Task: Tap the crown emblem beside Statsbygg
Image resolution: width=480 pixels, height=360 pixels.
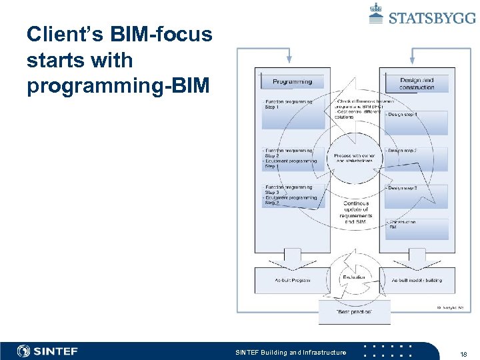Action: [x=376, y=13]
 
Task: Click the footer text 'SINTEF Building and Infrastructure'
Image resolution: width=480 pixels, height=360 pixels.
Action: [x=291, y=352]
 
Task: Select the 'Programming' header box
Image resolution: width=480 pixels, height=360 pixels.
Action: [x=292, y=82]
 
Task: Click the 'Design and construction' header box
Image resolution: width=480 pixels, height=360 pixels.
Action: [x=417, y=83]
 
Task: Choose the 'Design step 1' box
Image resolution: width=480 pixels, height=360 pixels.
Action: [x=416, y=122]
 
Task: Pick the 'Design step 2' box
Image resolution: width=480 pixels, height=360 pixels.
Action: [x=416, y=159]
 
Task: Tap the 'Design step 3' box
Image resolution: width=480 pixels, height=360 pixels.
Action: [x=416, y=196]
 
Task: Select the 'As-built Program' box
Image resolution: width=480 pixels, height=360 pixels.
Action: [x=291, y=280]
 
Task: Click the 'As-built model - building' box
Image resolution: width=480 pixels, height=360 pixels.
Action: [x=416, y=280]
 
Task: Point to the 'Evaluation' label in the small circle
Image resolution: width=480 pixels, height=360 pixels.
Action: [x=353, y=277]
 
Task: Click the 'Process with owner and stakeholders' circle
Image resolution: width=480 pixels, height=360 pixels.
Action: [x=353, y=159]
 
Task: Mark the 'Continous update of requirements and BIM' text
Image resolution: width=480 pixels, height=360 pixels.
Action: [x=353, y=212]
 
